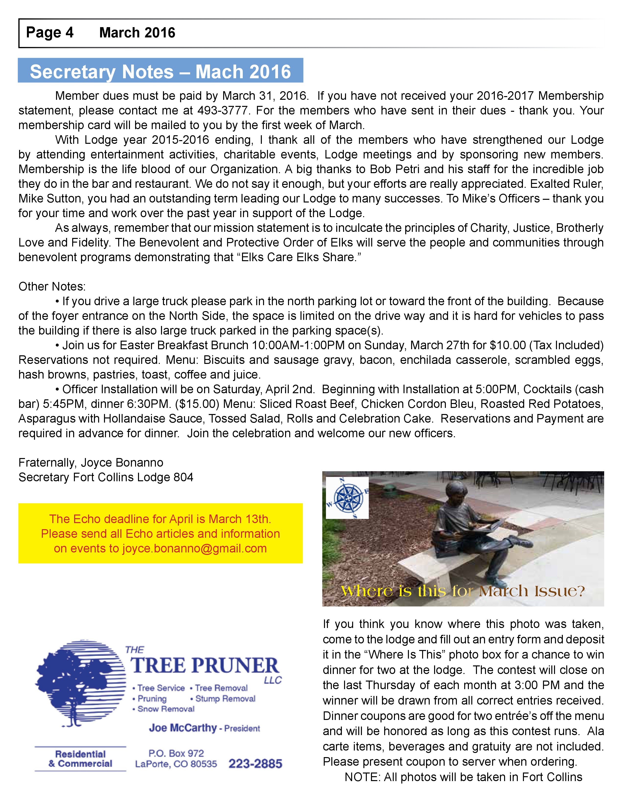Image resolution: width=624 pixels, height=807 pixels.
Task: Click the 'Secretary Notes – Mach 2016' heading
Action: point(161,71)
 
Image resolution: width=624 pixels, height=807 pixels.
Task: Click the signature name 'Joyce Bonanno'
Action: point(122,463)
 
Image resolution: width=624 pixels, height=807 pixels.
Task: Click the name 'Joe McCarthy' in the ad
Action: point(183,728)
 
